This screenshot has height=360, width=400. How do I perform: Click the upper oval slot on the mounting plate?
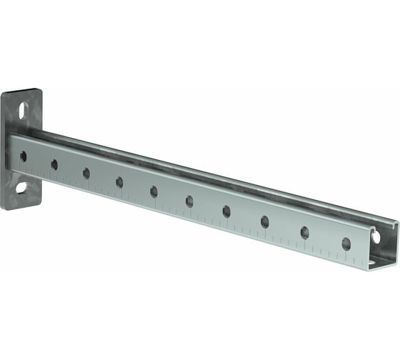tap(23, 111)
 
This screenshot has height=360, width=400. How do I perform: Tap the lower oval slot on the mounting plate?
tap(21, 188)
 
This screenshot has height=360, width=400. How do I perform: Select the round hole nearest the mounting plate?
tap(23, 156)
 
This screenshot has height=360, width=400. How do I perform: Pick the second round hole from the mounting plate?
tap(54, 164)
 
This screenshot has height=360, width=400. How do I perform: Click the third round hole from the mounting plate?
tap(86, 173)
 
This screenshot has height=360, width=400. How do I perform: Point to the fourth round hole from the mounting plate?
tap(119, 182)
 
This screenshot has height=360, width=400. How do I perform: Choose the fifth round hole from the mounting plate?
tap(154, 191)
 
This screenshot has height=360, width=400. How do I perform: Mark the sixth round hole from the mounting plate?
tap(189, 201)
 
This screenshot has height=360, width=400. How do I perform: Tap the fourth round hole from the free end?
tap(226, 211)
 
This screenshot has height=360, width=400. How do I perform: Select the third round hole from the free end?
tap(265, 221)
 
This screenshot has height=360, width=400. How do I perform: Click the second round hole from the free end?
tap(305, 232)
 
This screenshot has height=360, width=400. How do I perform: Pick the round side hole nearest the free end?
tap(346, 244)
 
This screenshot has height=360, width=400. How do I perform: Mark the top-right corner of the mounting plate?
tap(41, 91)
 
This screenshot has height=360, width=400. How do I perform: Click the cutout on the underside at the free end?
tap(373, 262)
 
